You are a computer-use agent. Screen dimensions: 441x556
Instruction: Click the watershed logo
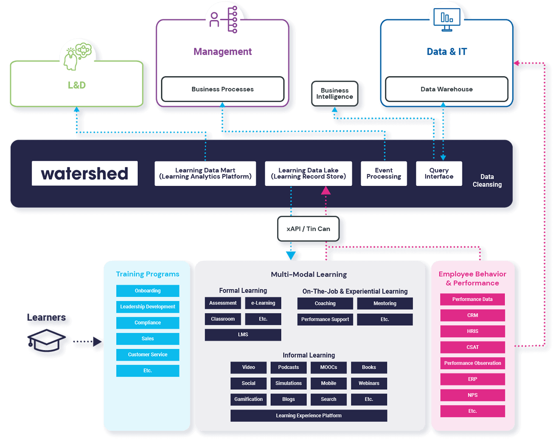point(84,173)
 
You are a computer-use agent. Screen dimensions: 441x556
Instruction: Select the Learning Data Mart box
point(205,173)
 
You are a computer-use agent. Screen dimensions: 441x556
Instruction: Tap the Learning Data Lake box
point(308,173)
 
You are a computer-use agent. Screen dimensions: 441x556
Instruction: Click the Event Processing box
point(384,173)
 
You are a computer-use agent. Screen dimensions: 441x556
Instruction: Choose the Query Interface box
point(439,173)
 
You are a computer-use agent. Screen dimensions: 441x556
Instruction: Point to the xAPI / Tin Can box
point(308,229)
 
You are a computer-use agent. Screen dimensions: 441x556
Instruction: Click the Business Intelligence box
point(334,93)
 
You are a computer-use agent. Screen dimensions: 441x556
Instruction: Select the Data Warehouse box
point(446,89)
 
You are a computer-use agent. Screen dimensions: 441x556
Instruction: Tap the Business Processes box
point(222,89)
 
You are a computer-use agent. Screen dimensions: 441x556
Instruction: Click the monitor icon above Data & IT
point(446,20)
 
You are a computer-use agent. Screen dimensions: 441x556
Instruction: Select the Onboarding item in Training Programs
point(148,291)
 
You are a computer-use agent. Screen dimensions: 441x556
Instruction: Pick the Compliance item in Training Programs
point(148,323)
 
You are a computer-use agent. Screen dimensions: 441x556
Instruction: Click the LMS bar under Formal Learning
point(243,335)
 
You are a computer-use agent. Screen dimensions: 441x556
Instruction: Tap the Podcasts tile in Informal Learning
point(289,367)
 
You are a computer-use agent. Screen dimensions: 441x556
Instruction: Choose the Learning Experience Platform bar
point(309,416)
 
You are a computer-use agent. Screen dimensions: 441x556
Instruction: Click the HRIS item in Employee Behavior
point(472,331)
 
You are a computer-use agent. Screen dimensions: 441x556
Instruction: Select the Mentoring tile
point(385,303)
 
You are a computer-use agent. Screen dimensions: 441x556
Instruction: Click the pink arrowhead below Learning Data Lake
point(326,191)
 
